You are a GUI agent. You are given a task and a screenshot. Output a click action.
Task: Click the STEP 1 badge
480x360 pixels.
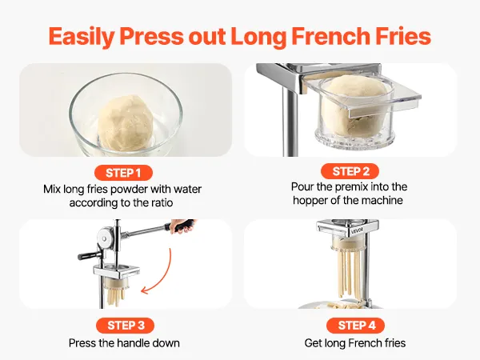click(123, 173)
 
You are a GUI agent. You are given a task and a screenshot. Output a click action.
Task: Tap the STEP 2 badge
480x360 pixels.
click(350, 171)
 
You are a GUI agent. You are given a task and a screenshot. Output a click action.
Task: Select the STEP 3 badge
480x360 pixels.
click(126, 326)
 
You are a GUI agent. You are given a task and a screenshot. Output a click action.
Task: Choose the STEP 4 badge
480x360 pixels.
click(356, 326)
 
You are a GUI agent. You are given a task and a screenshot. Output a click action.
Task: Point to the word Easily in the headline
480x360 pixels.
click(81, 37)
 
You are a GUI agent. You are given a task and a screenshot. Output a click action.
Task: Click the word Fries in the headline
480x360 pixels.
click(403, 36)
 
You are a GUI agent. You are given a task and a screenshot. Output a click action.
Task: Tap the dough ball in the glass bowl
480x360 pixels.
click(126, 122)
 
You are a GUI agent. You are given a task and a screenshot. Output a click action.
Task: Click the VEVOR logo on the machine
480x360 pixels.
click(358, 230)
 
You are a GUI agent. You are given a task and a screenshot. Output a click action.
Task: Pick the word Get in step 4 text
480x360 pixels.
click(313, 343)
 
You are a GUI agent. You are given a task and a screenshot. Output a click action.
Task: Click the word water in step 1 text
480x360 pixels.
click(188, 189)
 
